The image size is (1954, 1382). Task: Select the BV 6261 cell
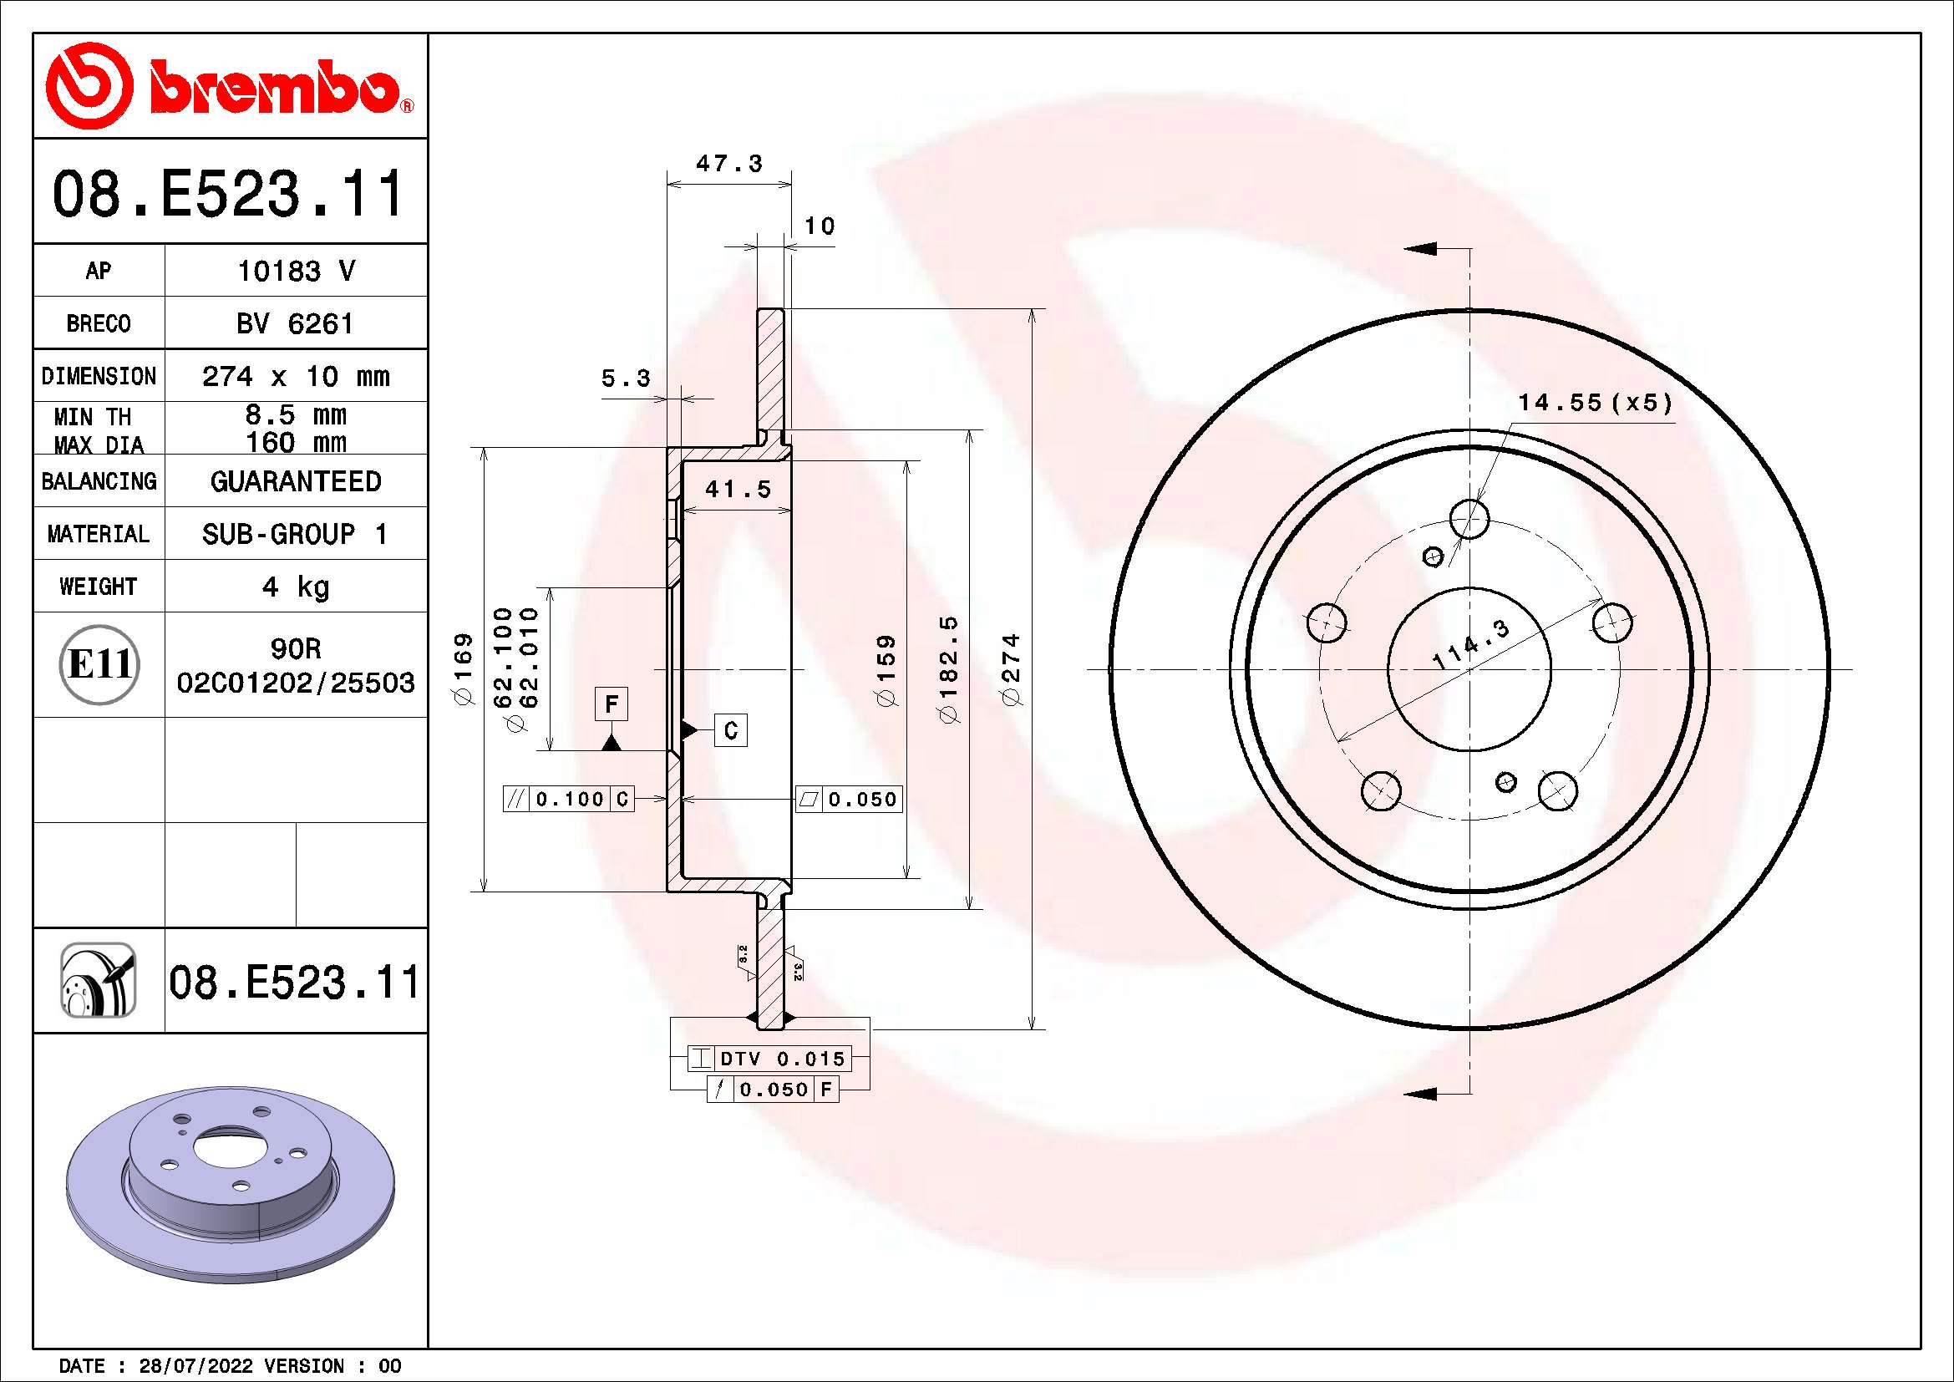pos(294,323)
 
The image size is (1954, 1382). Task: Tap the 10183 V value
pos(295,271)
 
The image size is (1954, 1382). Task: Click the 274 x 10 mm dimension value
pos(295,376)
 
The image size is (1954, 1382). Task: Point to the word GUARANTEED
pos(295,481)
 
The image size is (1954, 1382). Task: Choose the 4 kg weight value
pos(295,587)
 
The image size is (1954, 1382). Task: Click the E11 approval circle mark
pos(99,664)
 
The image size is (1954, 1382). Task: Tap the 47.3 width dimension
pos(729,164)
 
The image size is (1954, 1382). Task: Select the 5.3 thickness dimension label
pos(626,378)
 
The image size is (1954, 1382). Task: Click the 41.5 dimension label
pos(738,490)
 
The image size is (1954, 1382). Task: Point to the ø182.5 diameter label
pos(948,670)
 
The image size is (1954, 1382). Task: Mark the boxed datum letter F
pos(611,704)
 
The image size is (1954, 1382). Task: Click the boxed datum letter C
pos(730,731)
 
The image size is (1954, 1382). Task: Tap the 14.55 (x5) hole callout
pos(1595,403)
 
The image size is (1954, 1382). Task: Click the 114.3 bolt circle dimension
pos(1470,644)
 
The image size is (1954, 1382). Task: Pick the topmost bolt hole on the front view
pos(1469,518)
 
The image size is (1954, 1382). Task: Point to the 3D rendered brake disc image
pos(231,1183)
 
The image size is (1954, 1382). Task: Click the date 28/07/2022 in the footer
pos(195,1366)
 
